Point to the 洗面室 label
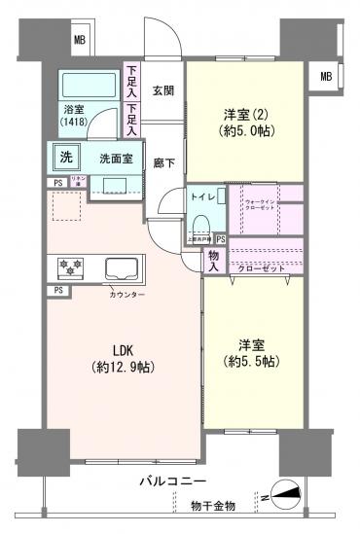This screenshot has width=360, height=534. coord(114,158)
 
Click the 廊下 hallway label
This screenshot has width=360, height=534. coord(163,164)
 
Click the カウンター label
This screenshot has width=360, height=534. coord(126,293)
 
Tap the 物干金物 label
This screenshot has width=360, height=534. coord(214,505)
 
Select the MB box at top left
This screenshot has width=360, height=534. coord(80,40)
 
